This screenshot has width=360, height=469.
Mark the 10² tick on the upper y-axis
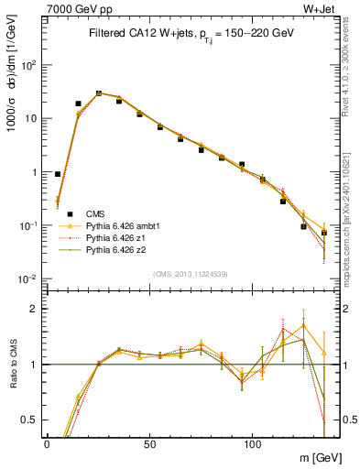[29, 65]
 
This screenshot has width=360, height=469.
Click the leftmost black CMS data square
[58, 173]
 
